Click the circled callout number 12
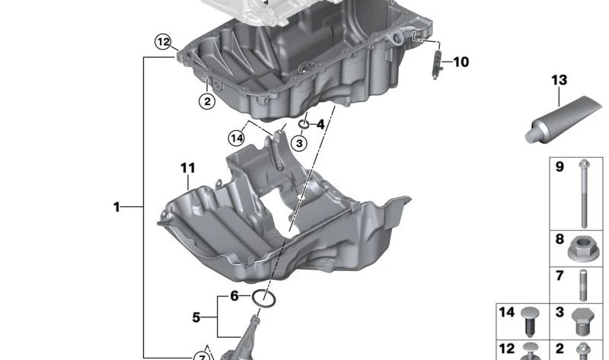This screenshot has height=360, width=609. pyautogui.click(x=163, y=42)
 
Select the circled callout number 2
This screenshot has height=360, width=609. pyautogui.click(x=207, y=101)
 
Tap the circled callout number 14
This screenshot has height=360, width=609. pyautogui.click(x=237, y=138)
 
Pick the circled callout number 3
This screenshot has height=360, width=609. pyautogui.click(x=299, y=143)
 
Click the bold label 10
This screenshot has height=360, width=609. pyautogui.click(x=461, y=62)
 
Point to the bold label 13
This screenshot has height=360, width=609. pyautogui.click(x=559, y=80)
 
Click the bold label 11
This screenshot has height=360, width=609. pyautogui.click(x=188, y=168)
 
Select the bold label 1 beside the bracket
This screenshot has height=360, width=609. pyautogui.click(x=116, y=207)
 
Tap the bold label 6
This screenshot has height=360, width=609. pyautogui.click(x=234, y=296)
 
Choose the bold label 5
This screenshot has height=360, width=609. pyautogui.click(x=196, y=317)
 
